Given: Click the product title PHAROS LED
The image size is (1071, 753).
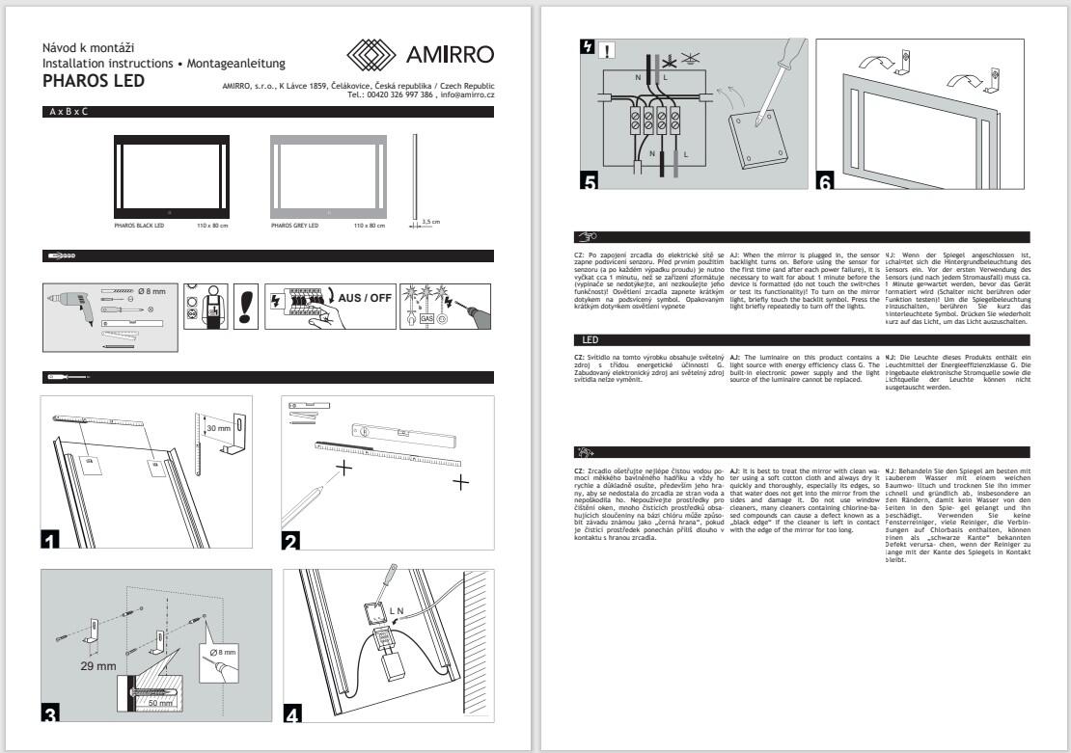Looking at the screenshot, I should pyautogui.click(x=93, y=81).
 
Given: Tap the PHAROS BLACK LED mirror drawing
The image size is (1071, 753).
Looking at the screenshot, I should pyautogui.click(x=170, y=177).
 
